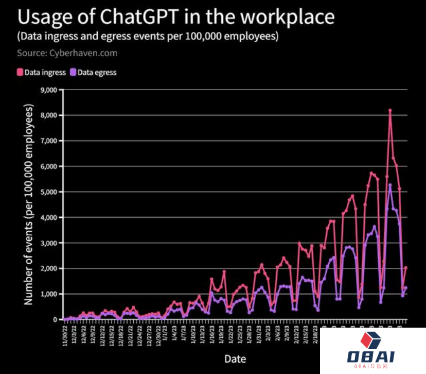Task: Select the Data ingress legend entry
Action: (42, 73)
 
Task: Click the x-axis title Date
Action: (235, 359)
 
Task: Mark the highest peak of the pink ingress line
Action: (390, 110)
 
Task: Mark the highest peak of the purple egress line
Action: (390, 185)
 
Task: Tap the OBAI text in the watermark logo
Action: (371, 357)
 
